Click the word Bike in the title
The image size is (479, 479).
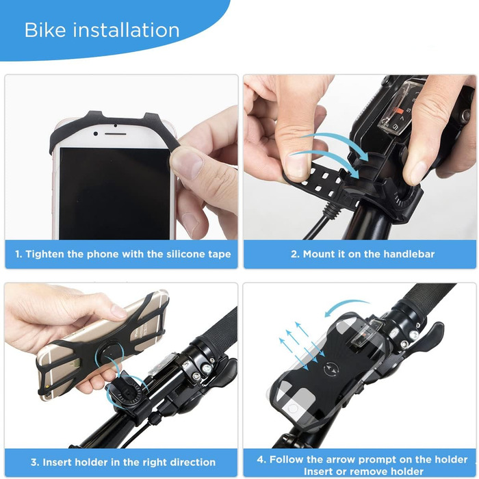[x=45, y=30]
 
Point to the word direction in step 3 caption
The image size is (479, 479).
[x=193, y=462]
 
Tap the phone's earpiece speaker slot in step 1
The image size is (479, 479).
[x=116, y=134]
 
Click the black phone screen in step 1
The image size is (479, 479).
[x=114, y=194]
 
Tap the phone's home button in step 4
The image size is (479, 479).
[x=293, y=409]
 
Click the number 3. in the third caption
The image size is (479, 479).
[x=34, y=462]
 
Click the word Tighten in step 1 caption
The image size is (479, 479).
[x=44, y=254]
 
